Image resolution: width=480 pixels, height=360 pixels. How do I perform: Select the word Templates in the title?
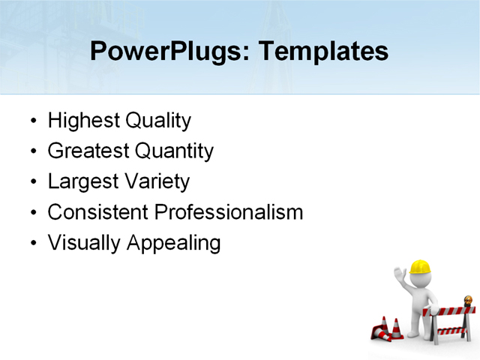click(323, 52)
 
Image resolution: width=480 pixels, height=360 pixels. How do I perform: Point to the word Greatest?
click(88, 151)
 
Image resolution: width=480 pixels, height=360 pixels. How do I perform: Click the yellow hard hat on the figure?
click(420, 267)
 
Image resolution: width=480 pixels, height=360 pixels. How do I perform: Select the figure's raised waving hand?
click(400, 274)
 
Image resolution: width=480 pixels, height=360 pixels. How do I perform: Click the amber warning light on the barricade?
click(469, 301)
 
